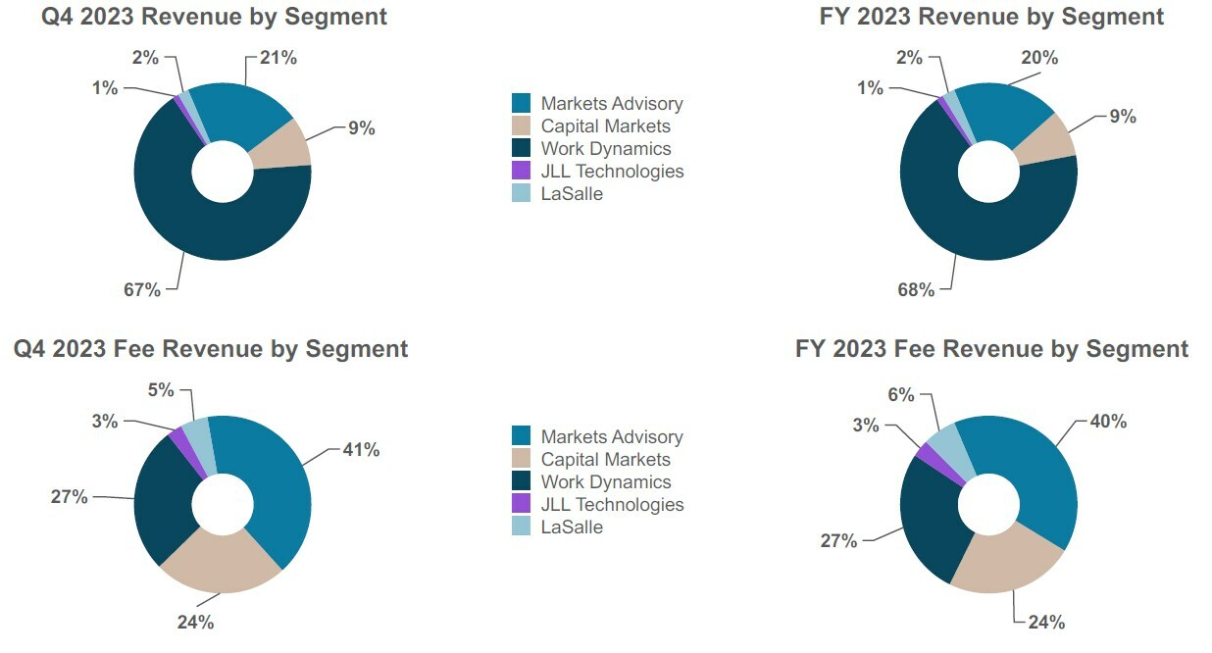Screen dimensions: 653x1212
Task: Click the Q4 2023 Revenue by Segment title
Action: point(214,17)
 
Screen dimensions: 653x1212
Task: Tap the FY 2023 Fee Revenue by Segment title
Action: point(991,349)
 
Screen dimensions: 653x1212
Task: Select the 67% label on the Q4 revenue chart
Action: point(141,289)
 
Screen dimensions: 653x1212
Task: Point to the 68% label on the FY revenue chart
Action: point(916,289)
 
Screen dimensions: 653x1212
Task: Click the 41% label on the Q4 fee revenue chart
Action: point(361,450)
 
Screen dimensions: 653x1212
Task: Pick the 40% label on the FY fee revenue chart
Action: point(1108,422)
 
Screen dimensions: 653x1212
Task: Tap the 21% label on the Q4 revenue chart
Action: point(278,58)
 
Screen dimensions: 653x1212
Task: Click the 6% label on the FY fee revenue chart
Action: point(901,395)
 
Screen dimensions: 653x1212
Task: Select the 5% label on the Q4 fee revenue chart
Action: point(161,390)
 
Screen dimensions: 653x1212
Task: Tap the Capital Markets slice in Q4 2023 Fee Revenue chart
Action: point(222,564)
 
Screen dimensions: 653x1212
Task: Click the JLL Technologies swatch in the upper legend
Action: point(522,172)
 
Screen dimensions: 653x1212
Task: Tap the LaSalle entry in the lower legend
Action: point(572,527)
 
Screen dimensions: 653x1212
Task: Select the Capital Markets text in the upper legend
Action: point(605,126)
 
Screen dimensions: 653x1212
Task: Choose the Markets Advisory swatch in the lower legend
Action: point(522,437)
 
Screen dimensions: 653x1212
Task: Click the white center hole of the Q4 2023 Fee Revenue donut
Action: point(223,505)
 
